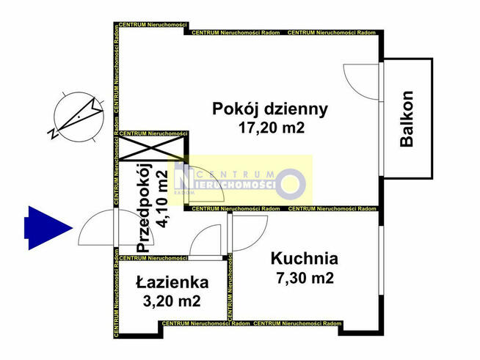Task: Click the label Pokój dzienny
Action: [269, 109]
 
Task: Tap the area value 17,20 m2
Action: [269, 128]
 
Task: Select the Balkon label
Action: [407, 119]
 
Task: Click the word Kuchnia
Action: [304, 258]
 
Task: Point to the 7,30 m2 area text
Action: [304, 278]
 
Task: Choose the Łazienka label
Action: [172, 282]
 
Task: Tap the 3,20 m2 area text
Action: [172, 301]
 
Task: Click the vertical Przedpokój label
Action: [143, 207]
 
